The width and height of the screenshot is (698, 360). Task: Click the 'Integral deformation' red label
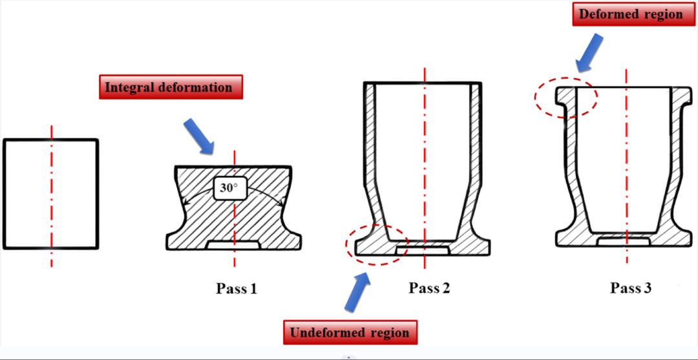[x=171, y=87]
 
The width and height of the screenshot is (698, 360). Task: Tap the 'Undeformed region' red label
[x=350, y=333]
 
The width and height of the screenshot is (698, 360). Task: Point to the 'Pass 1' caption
[x=236, y=288]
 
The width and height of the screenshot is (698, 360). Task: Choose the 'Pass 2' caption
[x=429, y=288]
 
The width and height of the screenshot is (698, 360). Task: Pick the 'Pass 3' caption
[x=630, y=288]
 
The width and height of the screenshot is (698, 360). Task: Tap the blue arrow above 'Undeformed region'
[x=360, y=290]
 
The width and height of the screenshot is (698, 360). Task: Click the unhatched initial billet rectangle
[x=51, y=194]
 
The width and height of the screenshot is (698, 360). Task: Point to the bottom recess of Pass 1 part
[x=233, y=244]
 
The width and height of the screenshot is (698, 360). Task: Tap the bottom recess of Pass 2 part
[x=423, y=249]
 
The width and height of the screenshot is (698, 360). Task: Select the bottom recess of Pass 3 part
[x=625, y=241]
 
